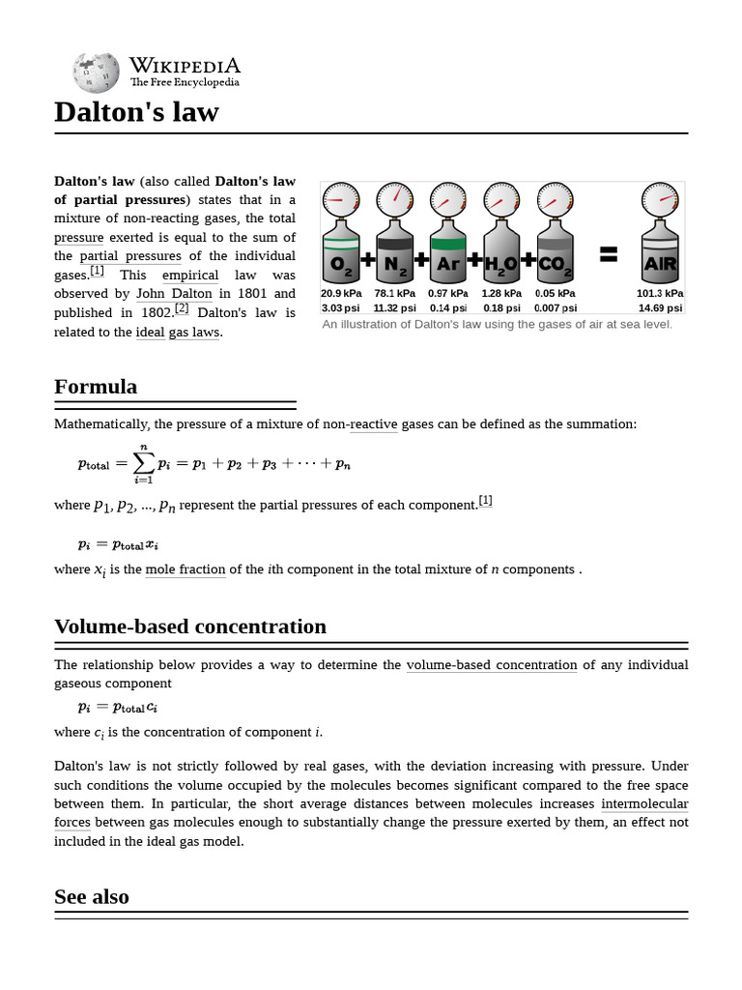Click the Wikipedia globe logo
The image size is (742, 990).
[94, 72]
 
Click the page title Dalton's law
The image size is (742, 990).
[136, 112]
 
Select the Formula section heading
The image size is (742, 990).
[96, 387]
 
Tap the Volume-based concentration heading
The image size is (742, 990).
[190, 626]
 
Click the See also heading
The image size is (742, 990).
[92, 896]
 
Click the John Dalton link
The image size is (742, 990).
[174, 294]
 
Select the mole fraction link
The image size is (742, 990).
[185, 569]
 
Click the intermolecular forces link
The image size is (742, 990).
[644, 803]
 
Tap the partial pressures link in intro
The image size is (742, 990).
[130, 256]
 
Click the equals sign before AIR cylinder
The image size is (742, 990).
[608, 254]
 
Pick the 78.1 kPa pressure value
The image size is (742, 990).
[394, 293]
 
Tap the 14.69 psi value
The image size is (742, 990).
[660, 307]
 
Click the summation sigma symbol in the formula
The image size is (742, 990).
[143, 463]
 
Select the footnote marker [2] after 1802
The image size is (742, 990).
[182, 309]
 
